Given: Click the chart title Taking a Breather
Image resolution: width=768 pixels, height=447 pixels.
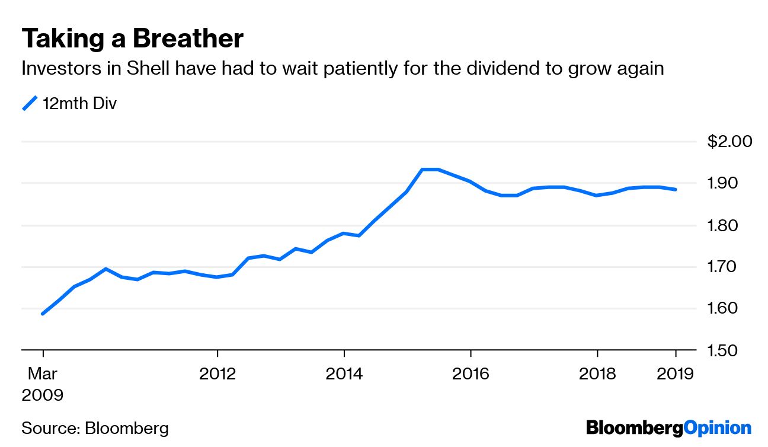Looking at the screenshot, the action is pyautogui.click(x=132, y=39).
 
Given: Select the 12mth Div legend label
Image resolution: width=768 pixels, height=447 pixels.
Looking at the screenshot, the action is pyautogui.click(x=79, y=103).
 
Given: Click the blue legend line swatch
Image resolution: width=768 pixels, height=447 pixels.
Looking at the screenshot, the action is pyautogui.click(x=30, y=103).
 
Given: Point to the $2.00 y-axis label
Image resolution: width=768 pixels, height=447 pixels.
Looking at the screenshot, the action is pyautogui.click(x=729, y=141).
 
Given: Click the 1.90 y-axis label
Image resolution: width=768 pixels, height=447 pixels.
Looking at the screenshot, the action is pyautogui.click(x=722, y=183).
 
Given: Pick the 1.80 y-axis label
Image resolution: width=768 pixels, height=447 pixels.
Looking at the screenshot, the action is pyautogui.click(x=722, y=226).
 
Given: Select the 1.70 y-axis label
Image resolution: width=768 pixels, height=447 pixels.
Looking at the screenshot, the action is pyautogui.click(x=722, y=267).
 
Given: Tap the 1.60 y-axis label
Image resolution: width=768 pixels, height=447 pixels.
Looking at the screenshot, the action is pyautogui.click(x=722, y=308).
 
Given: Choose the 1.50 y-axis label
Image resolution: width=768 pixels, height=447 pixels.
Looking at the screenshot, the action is pyautogui.click(x=722, y=350).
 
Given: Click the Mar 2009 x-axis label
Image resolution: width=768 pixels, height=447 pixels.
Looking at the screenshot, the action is pyautogui.click(x=43, y=384).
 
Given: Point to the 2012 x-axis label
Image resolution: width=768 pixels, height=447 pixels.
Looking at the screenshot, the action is pyautogui.click(x=217, y=374).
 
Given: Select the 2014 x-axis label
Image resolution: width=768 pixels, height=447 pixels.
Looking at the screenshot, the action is pyautogui.click(x=344, y=374).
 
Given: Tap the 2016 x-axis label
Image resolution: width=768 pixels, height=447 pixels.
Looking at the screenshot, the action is pyautogui.click(x=471, y=374).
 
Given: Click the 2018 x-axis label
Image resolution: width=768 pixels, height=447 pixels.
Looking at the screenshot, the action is pyautogui.click(x=597, y=374).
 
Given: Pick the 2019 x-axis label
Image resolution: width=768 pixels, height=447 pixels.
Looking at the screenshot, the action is pyautogui.click(x=675, y=374).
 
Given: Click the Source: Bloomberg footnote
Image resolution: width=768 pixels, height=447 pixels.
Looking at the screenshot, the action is pyautogui.click(x=95, y=429).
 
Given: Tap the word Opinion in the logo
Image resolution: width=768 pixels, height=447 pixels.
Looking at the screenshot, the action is pyautogui.click(x=718, y=429).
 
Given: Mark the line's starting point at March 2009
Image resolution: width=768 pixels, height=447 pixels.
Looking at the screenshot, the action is pyautogui.click(x=43, y=314).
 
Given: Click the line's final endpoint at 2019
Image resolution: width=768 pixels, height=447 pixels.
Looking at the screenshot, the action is pyautogui.click(x=676, y=189).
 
